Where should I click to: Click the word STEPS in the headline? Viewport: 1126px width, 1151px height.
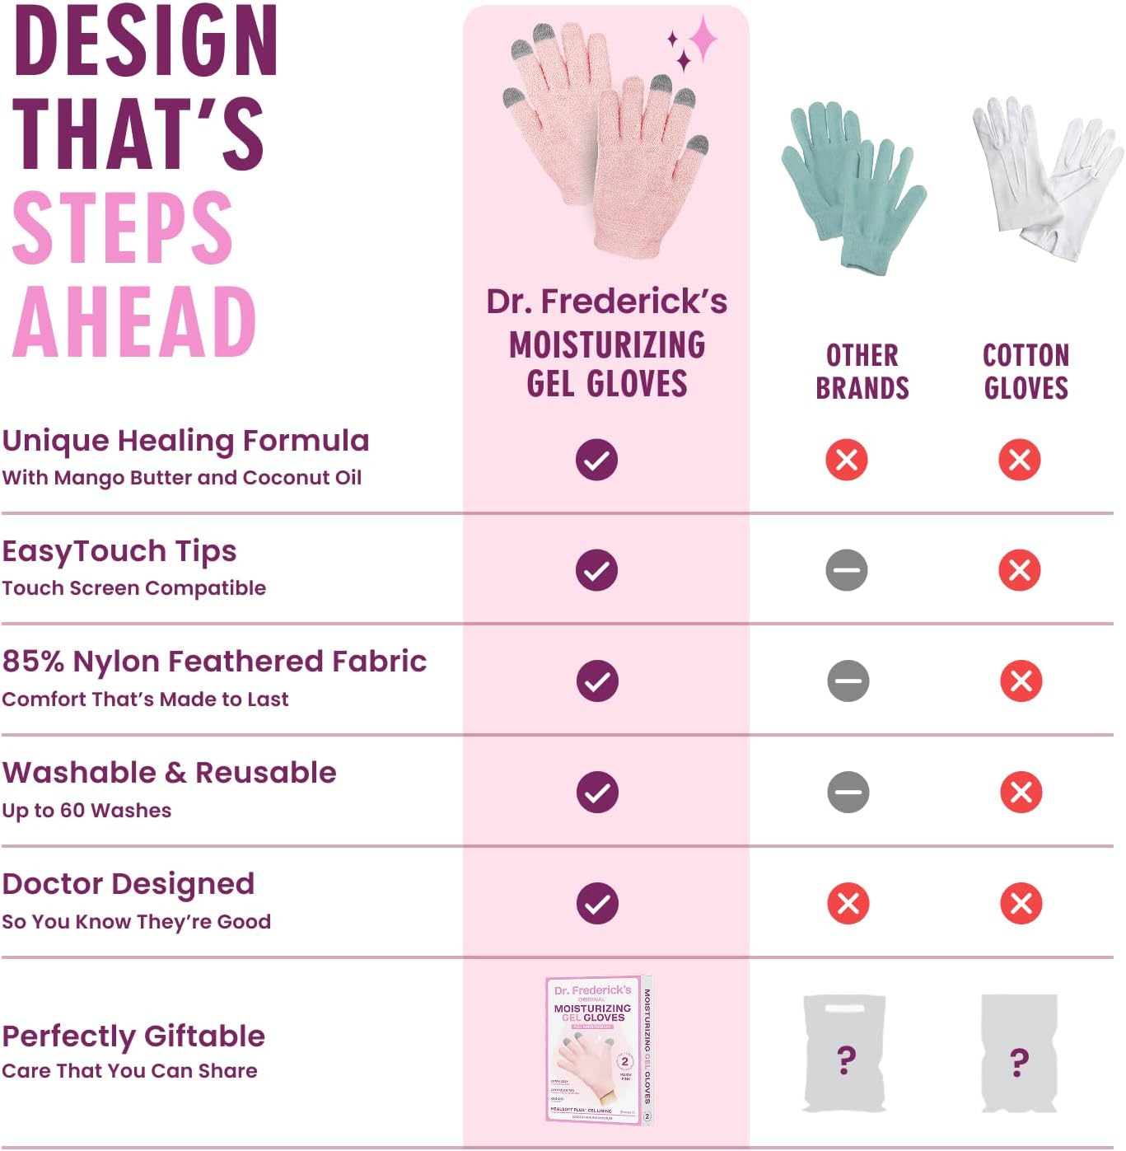[123, 228]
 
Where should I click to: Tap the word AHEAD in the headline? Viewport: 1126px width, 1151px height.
[134, 322]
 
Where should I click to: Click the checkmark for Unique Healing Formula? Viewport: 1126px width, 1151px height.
[596, 460]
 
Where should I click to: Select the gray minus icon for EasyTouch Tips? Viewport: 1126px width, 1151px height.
[847, 570]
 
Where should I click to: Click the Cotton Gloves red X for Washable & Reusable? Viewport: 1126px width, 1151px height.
[1021, 792]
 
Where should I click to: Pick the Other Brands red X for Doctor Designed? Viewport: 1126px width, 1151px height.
[848, 903]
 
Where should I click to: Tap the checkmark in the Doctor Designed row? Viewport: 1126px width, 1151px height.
[596, 903]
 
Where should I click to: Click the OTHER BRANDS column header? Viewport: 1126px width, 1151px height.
[862, 372]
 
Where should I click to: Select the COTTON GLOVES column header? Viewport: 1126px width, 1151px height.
[1026, 372]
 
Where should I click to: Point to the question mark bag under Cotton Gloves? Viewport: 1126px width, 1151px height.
[1019, 1054]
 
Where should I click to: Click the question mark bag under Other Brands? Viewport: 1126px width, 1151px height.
[844, 1054]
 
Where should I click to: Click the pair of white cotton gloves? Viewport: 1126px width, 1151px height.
[1044, 177]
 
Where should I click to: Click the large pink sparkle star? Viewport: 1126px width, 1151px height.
[703, 38]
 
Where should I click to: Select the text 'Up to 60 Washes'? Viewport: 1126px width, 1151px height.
[86, 811]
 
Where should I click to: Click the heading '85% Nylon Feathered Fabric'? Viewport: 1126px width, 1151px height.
[214, 662]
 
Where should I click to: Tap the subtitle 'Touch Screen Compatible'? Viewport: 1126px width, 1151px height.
[133, 588]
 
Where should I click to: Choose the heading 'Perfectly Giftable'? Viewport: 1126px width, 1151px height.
[133, 1036]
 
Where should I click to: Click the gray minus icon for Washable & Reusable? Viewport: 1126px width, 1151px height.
[848, 792]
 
